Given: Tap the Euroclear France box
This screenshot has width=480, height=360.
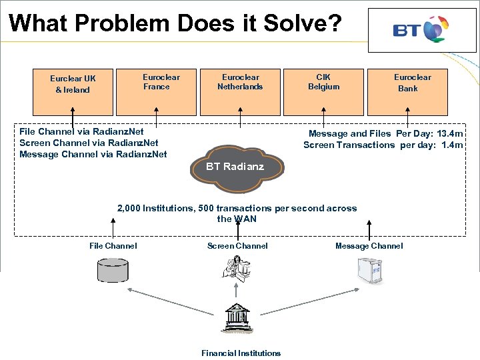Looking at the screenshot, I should click(x=157, y=91).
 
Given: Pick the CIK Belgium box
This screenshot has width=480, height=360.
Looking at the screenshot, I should click(x=323, y=91).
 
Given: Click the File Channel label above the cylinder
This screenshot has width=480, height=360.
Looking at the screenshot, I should click(x=113, y=246).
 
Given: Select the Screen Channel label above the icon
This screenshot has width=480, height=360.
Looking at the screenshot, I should click(x=237, y=246).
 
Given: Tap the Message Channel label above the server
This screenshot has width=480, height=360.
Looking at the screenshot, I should click(x=369, y=246).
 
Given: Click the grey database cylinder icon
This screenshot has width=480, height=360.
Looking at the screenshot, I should click(x=112, y=270).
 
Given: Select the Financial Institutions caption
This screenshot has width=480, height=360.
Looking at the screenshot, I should click(x=241, y=353).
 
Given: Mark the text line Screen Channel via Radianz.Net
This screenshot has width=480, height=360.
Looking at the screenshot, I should click(x=89, y=143).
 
